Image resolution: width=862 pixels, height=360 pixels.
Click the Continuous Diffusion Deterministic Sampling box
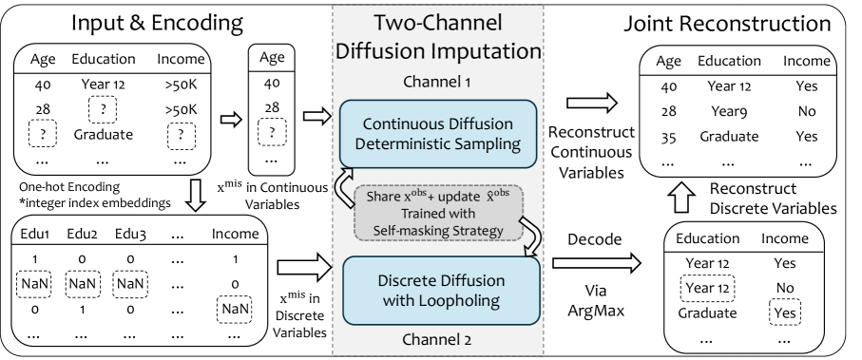click(438, 134)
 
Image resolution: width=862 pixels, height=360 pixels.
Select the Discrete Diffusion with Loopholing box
click(441, 291)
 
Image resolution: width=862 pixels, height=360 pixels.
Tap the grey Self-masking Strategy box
click(438, 214)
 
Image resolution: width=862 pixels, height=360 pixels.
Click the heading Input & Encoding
click(157, 23)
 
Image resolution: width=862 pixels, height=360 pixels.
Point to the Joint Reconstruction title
click(727, 24)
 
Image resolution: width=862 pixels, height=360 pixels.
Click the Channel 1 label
click(436, 82)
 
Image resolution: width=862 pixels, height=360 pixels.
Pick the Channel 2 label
click(436, 339)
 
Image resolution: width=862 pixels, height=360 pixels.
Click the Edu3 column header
click(130, 234)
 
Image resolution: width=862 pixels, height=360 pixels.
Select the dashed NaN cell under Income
click(235, 310)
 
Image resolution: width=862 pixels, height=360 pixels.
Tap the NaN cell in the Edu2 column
click(82, 284)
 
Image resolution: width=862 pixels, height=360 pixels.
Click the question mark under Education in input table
click(103, 109)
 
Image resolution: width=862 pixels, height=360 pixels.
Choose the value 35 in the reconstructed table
click(668, 136)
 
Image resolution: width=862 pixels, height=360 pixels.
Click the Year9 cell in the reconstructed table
click(727, 111)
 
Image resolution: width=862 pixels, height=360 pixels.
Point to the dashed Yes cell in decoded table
click(784, 313)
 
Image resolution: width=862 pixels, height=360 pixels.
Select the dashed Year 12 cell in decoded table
click(707, 288)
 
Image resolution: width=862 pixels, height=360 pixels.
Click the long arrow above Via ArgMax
click(597, 263)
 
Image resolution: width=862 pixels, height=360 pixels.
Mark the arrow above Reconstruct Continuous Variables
click(591, 103)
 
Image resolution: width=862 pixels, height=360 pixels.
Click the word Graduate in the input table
click(104, 135)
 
